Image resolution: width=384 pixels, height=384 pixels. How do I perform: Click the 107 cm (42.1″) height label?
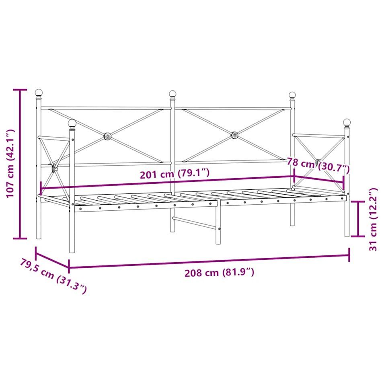click(10, 164)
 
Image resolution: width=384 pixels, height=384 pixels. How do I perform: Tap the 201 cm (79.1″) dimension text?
click(175, 174)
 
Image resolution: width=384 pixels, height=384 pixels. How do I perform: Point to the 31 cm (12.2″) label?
click(373, 219)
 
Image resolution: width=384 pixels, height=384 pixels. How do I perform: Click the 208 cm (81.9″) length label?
click(219, 272)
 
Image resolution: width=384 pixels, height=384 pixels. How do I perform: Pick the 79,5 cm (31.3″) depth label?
click(53, 275)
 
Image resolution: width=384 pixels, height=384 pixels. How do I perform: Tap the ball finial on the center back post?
click(172, 94)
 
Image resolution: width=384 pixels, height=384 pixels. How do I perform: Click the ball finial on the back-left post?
click(39, 92)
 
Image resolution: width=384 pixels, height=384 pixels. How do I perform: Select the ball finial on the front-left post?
click(72, 123)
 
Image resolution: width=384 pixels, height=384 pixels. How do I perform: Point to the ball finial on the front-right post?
click(347, 122)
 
